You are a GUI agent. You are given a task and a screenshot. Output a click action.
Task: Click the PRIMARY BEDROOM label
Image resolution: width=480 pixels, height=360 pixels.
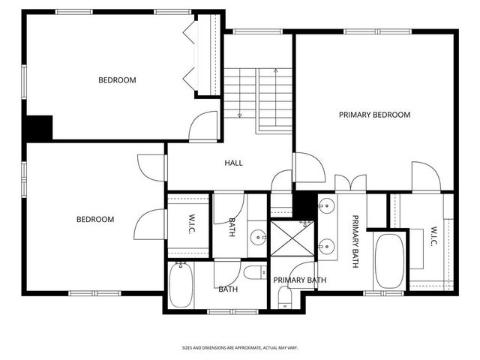(374, 115)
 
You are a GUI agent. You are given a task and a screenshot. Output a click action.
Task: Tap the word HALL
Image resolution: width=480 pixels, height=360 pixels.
(233, 163)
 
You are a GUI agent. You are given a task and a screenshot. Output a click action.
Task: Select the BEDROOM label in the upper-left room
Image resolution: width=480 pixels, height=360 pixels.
(117, 80)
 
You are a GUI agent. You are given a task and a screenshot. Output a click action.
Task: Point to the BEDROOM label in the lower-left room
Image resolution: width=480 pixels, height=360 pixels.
(95, 220)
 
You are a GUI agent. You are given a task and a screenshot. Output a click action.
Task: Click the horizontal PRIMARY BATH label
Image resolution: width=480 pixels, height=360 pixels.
(299, 280)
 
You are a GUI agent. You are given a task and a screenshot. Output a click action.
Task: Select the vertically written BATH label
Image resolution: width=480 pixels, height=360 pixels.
(231, 227)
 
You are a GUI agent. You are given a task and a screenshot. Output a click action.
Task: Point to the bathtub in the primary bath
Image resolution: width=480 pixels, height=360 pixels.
(388, 261)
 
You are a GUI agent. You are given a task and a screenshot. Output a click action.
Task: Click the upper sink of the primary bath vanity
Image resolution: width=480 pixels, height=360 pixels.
(328, 207)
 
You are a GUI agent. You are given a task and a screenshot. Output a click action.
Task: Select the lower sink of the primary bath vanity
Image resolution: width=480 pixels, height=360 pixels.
(328, 244)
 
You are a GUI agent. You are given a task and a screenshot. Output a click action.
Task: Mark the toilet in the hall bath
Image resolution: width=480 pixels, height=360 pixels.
(253, 271)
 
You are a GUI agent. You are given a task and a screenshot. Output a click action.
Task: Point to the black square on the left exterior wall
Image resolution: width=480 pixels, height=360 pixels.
(37, 127)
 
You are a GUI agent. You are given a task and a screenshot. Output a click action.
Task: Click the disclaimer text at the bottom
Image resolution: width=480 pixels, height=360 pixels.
(240, 348)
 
